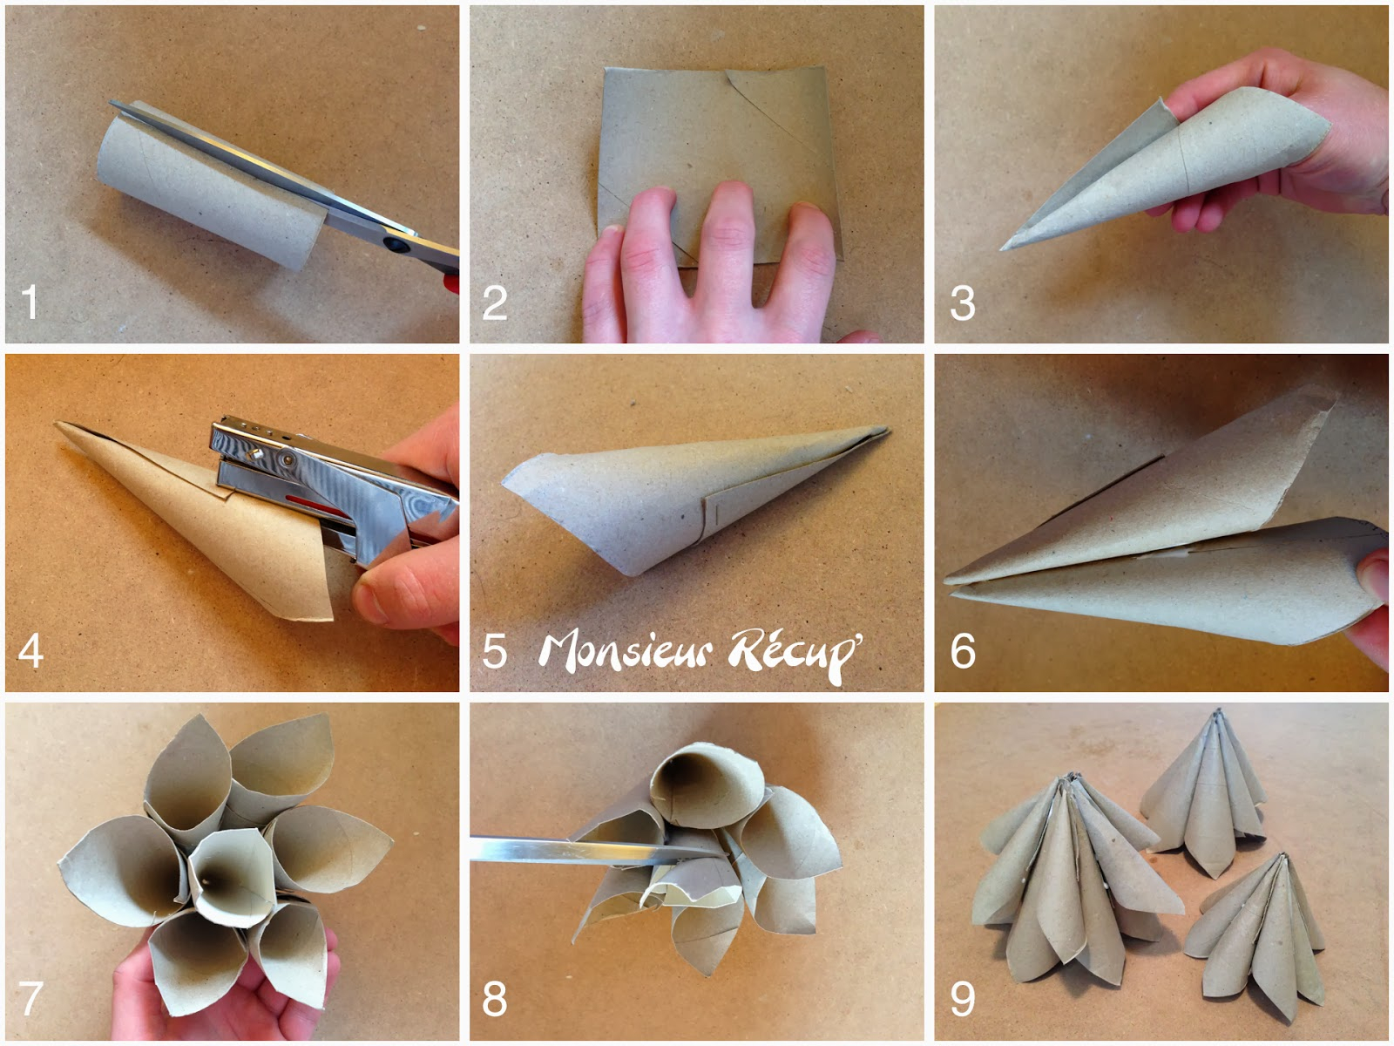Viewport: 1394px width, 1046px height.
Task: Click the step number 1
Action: [x=30, y=302]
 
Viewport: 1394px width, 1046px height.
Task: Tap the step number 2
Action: [x=495, y=302]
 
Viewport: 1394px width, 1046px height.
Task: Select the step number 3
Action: [x=963, y=303]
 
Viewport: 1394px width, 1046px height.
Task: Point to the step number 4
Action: [x=30, y=650]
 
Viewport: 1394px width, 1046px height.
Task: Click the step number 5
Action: [x=495, y=651]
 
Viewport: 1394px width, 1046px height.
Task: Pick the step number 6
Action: [x=963, y=651]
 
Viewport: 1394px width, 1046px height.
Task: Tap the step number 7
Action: [x=30, y=998]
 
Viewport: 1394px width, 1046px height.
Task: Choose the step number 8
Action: [x=495, y=998]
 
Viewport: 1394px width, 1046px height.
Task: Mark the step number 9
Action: [x=963, y=998]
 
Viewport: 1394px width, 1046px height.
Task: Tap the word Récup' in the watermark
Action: [x=795, y=654]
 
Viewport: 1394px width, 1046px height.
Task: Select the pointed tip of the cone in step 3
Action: [x=1002, y=249]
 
